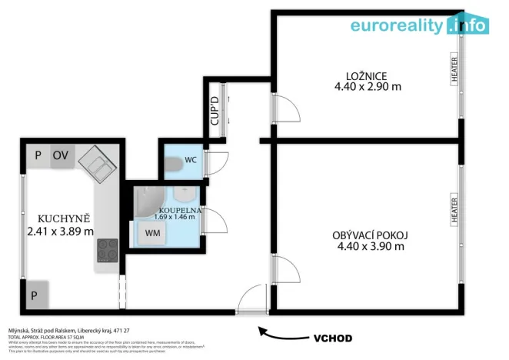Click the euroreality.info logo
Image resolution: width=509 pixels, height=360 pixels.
(419, 25)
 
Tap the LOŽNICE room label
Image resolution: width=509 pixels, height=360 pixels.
(365, 75)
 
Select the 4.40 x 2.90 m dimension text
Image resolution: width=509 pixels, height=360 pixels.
(367, 87)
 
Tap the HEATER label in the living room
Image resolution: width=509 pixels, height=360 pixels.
(454, 209)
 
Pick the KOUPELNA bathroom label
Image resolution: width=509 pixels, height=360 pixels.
(180, 209)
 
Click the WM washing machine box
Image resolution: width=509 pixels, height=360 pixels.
(152, 232)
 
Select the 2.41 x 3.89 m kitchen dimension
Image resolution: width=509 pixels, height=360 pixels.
(60, 231)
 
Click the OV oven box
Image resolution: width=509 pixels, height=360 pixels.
(61, 155)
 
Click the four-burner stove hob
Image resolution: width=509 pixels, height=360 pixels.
(107, 249)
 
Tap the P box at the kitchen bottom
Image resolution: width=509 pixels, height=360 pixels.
(35, 295)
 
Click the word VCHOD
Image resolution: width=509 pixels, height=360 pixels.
(332, 338)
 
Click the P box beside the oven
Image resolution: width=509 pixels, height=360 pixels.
(37, 155)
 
